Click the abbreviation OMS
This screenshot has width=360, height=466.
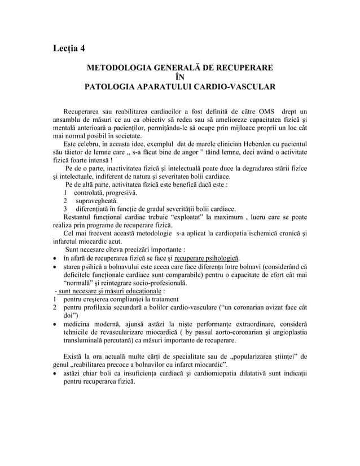(x=267, y=109)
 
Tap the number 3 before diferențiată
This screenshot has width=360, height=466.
(x=66, y=210)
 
